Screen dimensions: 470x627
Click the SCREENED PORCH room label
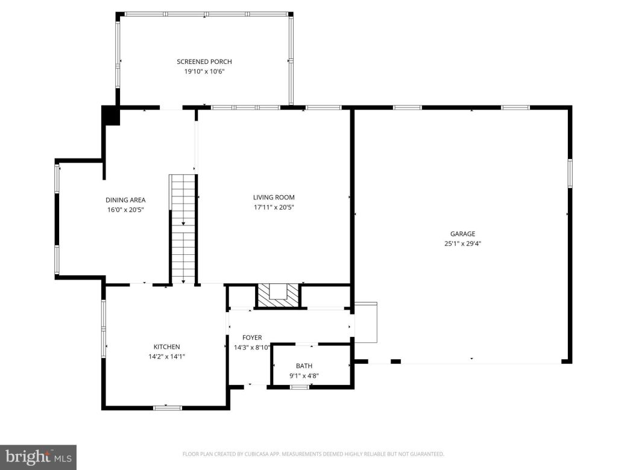(204, 61)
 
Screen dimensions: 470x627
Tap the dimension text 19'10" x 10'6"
(204, 71)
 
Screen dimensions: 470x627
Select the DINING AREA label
(125, 200)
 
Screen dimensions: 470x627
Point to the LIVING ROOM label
(274, 197)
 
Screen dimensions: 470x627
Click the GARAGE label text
(462, 234)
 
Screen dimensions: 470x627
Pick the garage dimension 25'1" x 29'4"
(462, 243)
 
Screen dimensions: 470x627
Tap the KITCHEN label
(166, 346)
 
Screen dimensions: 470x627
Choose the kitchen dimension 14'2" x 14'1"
(166, 356)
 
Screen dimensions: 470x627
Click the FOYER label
(252, 337)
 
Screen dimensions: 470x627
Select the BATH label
(304, 366)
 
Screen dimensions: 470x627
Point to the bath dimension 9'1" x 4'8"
(304, 375)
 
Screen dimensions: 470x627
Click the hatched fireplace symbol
(278, 295)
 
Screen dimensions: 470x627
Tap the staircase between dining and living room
(183, 229)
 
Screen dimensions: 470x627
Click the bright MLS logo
(37, 457)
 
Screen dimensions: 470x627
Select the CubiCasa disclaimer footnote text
(313, 454)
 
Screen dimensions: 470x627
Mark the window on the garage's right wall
(570, 174)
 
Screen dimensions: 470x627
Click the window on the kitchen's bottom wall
(168, 408)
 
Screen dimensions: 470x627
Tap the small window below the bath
(299, 387)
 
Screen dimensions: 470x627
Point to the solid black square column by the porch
(111, 115)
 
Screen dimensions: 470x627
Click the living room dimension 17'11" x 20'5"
(274, 207)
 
